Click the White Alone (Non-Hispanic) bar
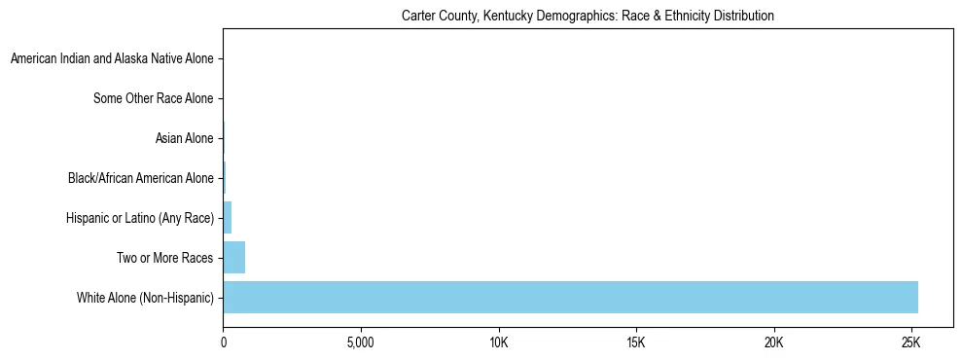click(570, 297)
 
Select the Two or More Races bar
click(233, 258)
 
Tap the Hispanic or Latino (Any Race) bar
click(227, 218)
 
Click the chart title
click(588, 16)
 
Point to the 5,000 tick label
click(361, 343)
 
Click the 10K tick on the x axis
click(499, 343)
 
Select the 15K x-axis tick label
click(636, 343)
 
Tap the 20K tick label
click(774, 343)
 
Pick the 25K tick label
click(911, 343)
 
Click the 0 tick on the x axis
click(224, 343)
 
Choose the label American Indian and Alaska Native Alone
click(111, 59)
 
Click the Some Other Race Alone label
click(153, 98)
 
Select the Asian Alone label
click(184, 138)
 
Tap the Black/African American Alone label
click(140, 178)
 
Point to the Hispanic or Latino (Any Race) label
click(138, 218)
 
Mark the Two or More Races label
click(163, 258)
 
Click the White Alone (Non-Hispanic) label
click(145, 297)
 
